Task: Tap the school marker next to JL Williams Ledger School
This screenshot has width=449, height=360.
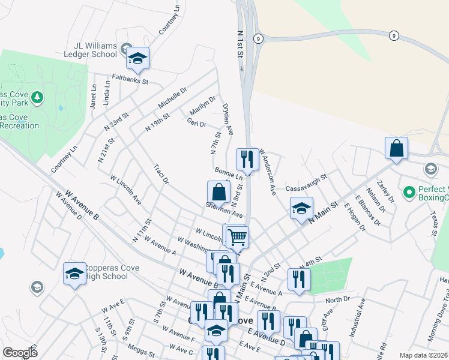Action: pos(138,59)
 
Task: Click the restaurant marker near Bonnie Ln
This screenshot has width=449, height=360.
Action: pos(247,160)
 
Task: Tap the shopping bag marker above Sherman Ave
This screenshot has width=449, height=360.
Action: pos(218,193)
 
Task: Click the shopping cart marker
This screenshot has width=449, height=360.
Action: pos(237,237)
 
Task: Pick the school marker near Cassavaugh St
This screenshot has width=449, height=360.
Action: pos(301,209)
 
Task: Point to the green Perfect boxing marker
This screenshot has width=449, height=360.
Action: pos(409,192)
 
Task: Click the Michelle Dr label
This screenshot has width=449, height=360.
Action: pos(173,97)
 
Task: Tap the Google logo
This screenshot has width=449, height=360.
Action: pos(20,353)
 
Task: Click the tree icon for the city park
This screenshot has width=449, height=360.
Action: pos(37,97)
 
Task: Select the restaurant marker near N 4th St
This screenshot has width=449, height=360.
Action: pos(298,278)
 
